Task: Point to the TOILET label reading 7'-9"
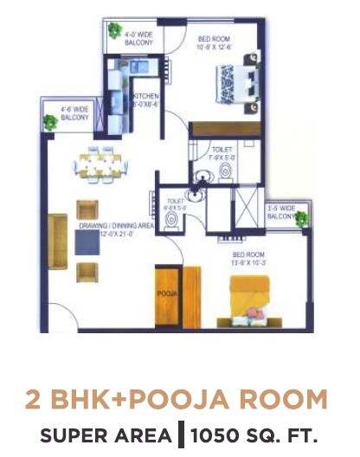pos(221,154)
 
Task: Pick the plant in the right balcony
pos(300,220)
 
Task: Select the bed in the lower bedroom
pos(252,303)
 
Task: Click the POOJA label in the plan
pos(167,295)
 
